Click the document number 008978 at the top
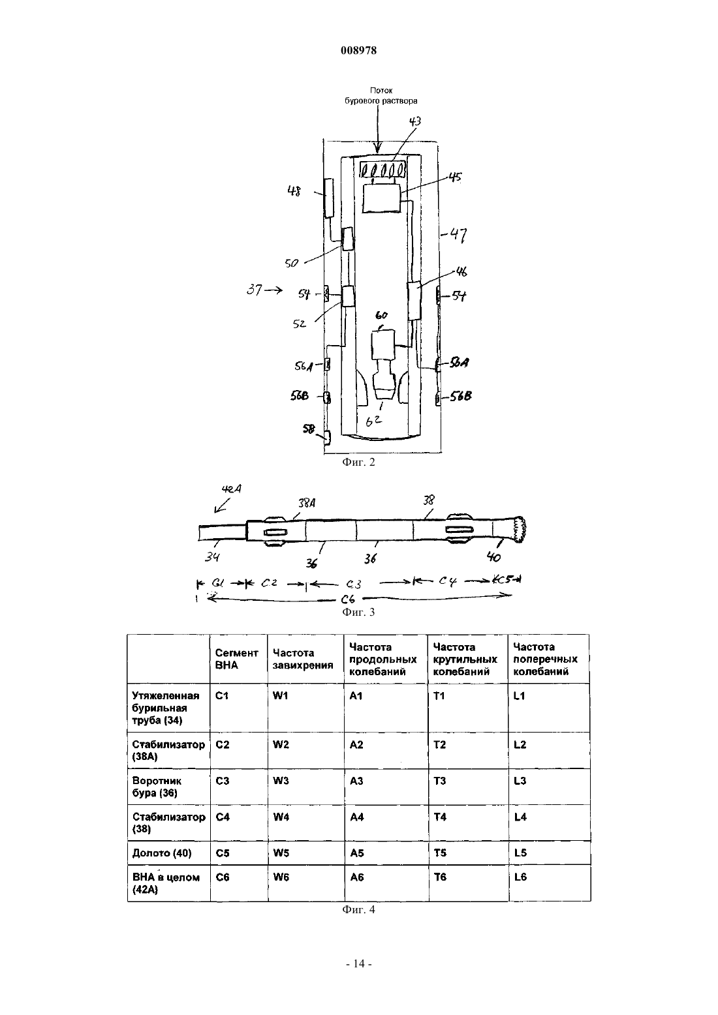(358, 50)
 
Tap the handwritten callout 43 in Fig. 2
(414, 121)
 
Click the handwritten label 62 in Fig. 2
(373, 421)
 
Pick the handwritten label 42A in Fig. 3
(231, 489)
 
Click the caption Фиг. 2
(358, 462)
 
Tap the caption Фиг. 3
(358, 612)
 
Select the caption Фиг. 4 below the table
(358, 909)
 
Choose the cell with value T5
(468, 853)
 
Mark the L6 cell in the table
(549, 883)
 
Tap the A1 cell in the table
(386, 708)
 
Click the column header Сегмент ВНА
(236, 659)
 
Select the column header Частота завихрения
(303, 659)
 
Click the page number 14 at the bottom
(358, 963)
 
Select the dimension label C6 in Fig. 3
(348, 599)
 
